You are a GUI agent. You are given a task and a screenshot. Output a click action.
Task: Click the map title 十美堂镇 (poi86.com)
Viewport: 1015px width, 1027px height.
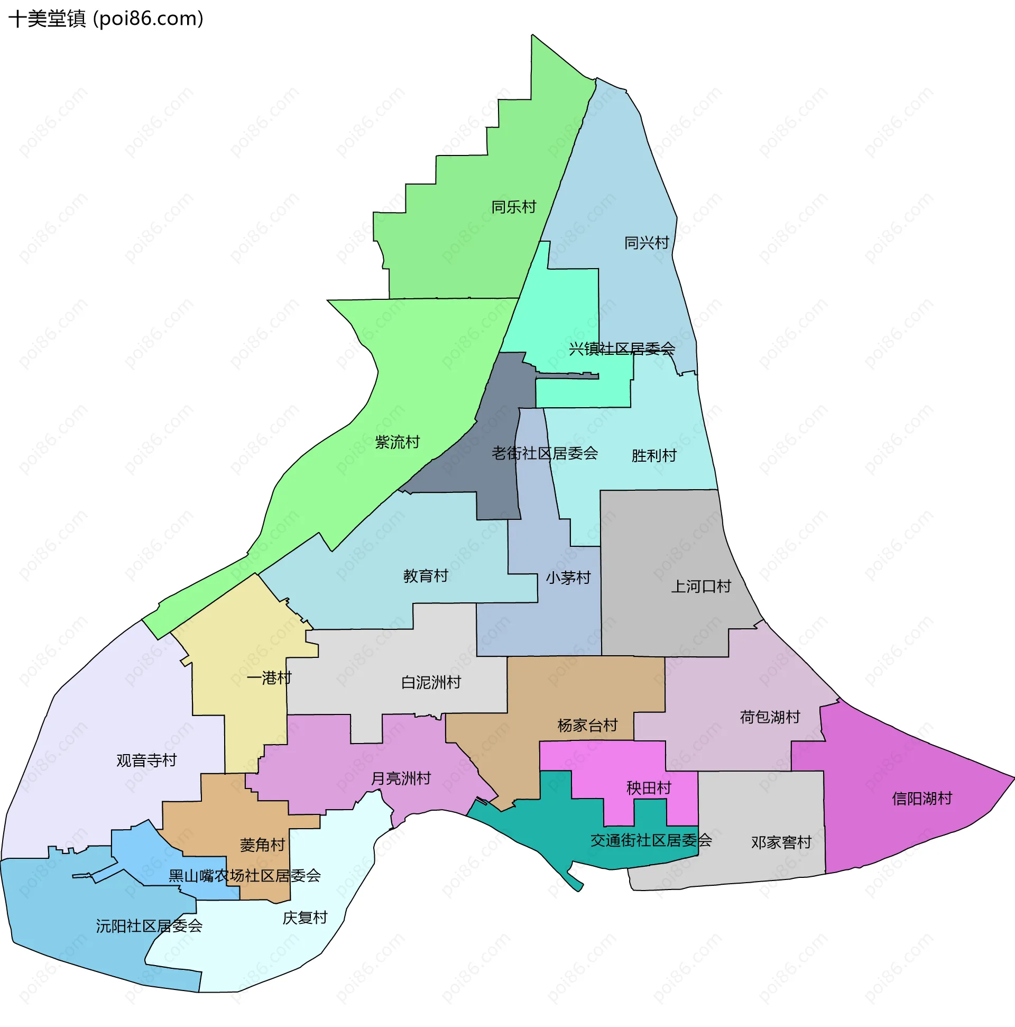(x=106, y=19)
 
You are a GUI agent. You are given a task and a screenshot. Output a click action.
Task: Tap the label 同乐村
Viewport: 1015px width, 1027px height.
(x=513, y=207)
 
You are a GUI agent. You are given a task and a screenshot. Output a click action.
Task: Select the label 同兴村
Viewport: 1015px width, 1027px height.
(x=646, y=243)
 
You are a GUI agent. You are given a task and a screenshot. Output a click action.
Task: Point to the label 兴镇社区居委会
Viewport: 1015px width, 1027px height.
(x=622, y=349)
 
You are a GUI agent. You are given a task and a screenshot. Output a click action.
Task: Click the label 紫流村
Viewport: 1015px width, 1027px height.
(x=397, y=442)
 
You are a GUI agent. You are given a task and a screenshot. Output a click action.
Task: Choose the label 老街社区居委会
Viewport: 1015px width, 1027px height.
(x=545, y=453)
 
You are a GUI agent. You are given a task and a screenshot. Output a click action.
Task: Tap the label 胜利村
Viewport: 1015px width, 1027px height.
(x=653, y=455)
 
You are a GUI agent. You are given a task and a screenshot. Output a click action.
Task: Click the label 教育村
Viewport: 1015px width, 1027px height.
(x=426, y=576)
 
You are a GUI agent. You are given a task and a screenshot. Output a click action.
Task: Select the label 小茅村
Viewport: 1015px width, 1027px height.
(x=568, y=577)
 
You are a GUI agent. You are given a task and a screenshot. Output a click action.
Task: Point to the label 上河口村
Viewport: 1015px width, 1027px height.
(x=701, y=586)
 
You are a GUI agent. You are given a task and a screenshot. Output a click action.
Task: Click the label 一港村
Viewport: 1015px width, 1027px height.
(x=269, y=678)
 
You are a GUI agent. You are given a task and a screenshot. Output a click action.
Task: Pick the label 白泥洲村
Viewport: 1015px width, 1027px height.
(x=431, y=682)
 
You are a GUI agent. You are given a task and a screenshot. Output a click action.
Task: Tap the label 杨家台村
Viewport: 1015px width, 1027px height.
(x=587, y=725)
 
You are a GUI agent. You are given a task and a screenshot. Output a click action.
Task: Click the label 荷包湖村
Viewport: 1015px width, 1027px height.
(x=770, y=717)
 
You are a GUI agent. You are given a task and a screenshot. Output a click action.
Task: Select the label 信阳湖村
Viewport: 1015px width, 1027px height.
(x=921, y=799)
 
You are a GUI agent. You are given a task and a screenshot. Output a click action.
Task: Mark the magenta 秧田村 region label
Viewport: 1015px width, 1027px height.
(x=648, y=788)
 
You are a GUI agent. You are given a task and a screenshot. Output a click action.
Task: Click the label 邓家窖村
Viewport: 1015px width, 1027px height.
(x=781, y=842)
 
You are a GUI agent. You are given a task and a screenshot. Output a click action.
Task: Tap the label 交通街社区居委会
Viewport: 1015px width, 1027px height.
(x=651, y=840)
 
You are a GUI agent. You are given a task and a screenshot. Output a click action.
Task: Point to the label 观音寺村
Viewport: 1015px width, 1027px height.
(x=146, y=760)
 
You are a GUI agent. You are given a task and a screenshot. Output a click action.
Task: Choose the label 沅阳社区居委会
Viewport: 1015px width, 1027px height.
(x=149, y=925)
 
